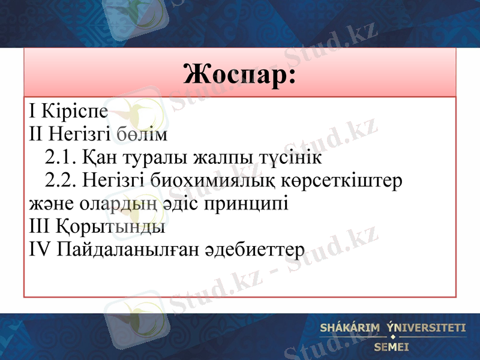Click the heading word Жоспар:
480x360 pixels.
[240, 75]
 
